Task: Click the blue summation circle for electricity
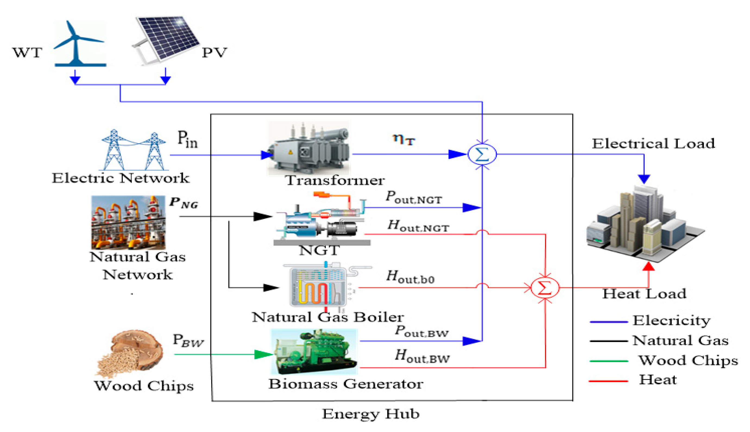coord(482,154)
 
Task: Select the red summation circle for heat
coord(545,287)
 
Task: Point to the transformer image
coord(309,148)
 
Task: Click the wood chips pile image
coord(131,353)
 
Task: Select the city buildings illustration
coord(645,226)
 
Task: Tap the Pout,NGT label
coord(414,197)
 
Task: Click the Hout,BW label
coord(422,356)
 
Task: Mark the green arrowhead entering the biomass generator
coord(263,354)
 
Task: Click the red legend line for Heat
coord(608,381)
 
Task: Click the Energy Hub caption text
coord(371,414)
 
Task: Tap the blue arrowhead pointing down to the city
coord(644,179)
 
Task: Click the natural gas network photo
coord(128,223)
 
